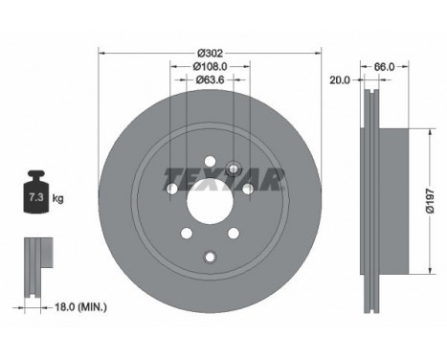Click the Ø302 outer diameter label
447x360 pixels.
[210, 53]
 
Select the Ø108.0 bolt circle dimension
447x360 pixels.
[210, 66]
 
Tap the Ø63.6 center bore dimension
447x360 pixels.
[210, 79]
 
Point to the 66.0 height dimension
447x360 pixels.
[384, 67]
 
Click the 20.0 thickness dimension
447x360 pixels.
[340, 80]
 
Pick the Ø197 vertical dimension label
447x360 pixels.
[431, 201]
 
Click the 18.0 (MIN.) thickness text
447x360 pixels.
[81, 307]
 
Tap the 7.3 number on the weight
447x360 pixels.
[36, 197]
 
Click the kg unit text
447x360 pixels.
[57, 198]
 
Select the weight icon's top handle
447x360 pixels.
[36, 175]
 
